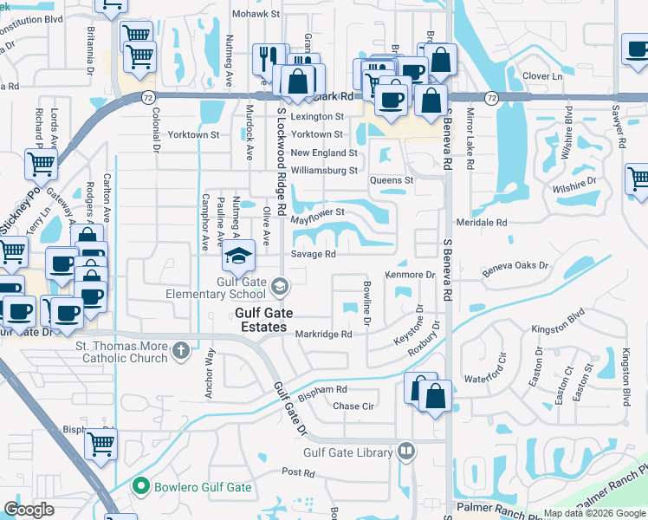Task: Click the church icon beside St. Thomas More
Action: click(x=180, y=351)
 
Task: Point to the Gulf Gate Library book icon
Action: click(x=406, y=451)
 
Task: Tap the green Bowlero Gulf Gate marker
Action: click(x=141, y=487)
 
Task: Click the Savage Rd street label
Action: click(x=313, y=255)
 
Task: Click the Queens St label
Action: click(x=392, y=180)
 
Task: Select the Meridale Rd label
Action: click(x=486, y=222)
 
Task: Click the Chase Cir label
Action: click(x=353, y=406)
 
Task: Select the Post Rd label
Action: click(x=297, y=472)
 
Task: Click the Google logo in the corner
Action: click(x=29, y=510)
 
